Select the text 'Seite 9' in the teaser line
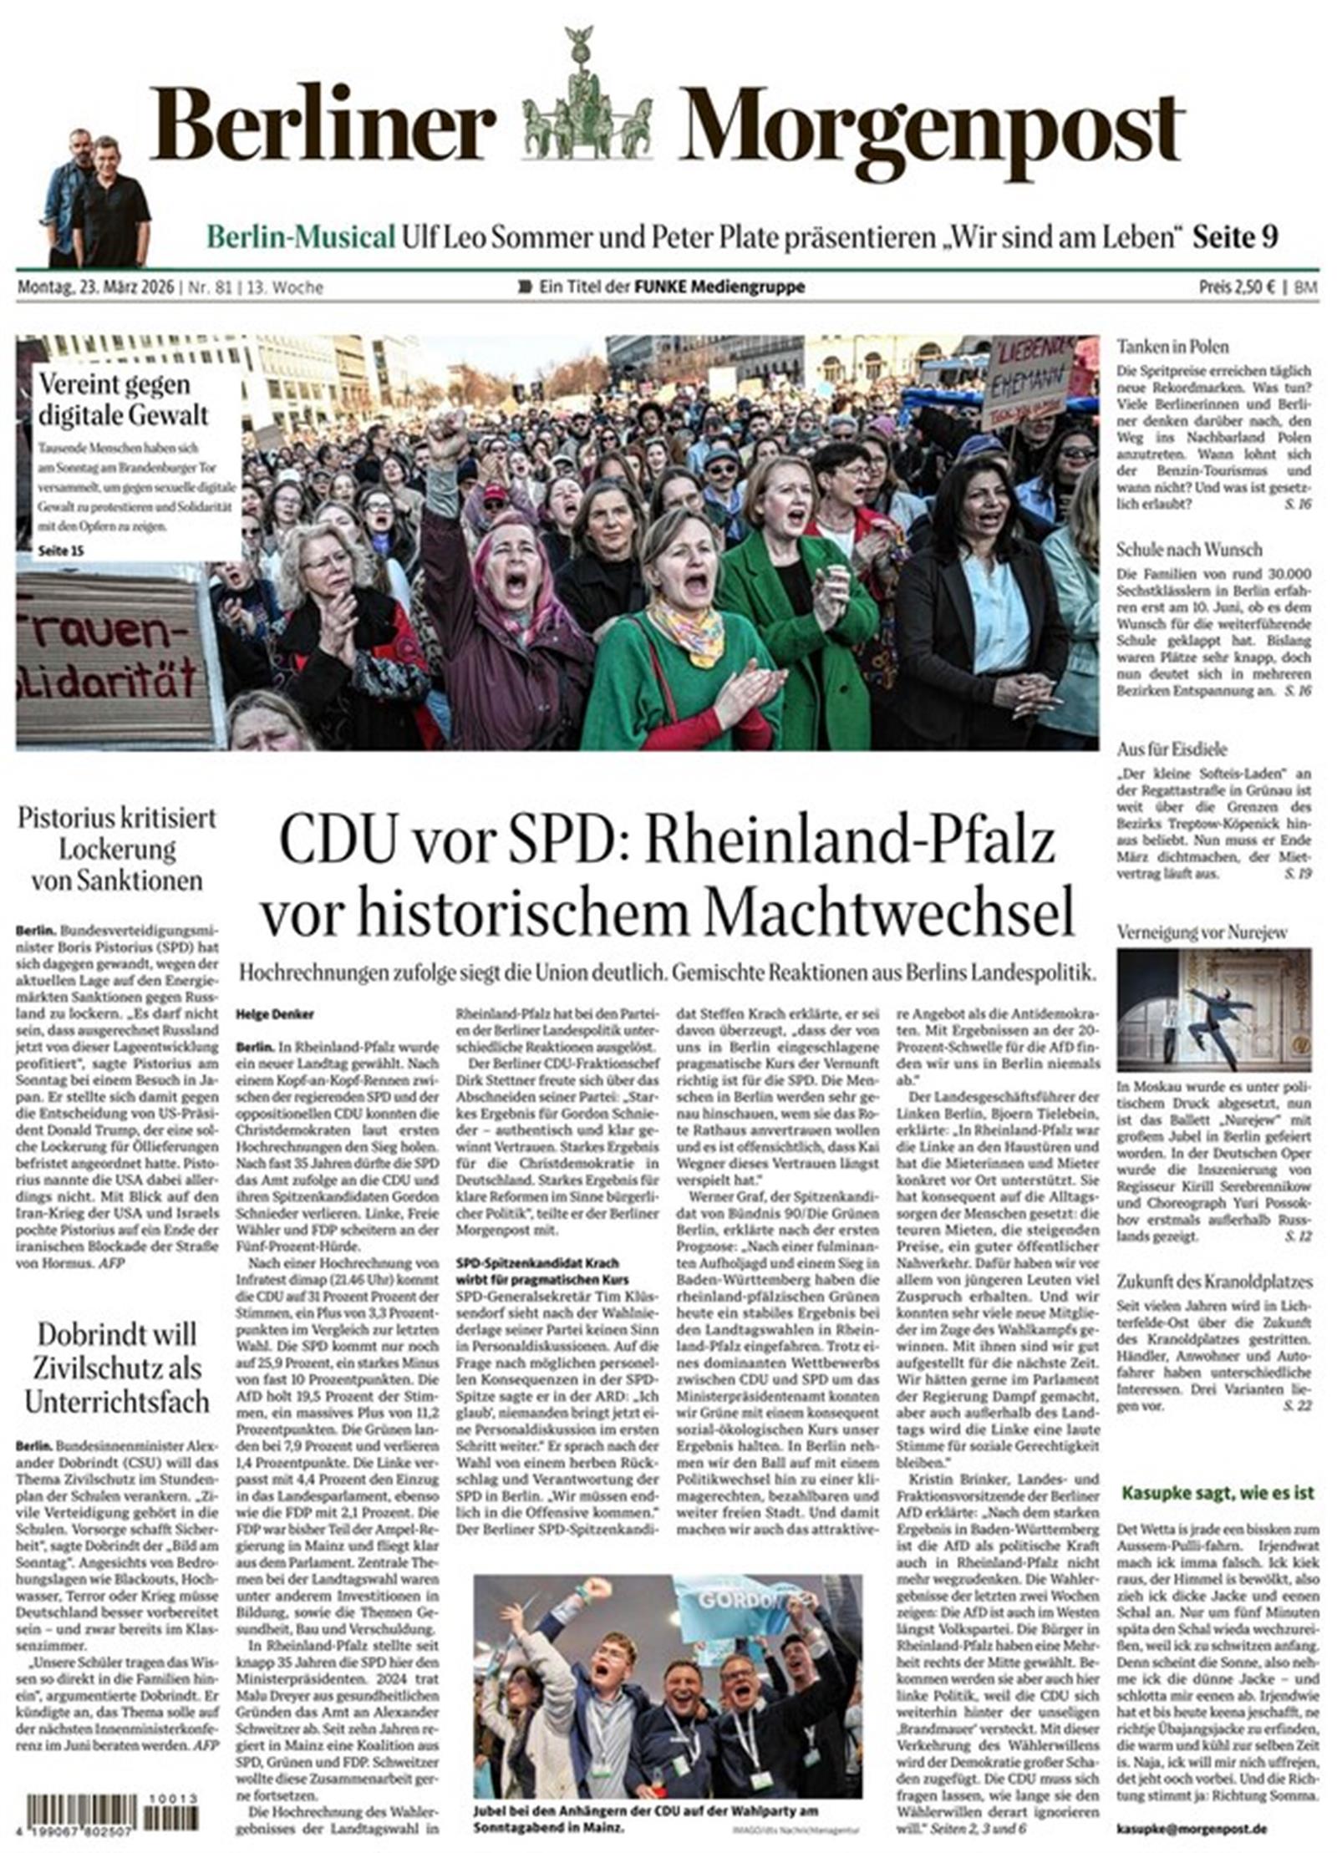(x=1235, y=237)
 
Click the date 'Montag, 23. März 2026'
(x=95, y=287)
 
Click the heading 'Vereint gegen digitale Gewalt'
(x=124, y=399)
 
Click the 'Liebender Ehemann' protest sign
(x=1028, y=381)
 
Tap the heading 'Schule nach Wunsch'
(x=1189, y=549)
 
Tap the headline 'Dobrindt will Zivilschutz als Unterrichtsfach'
(x=114, y=1368)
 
